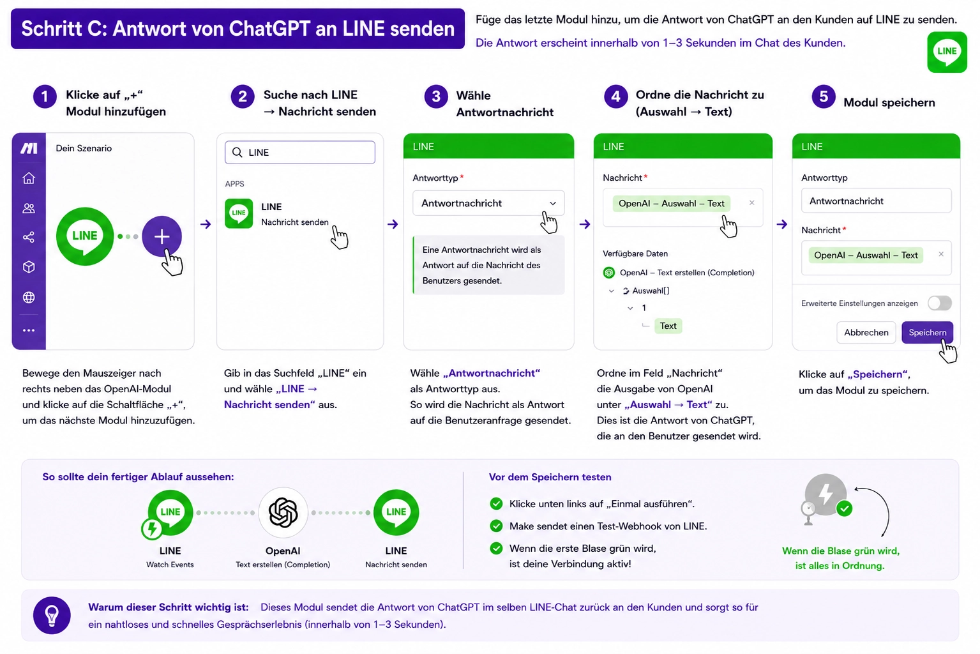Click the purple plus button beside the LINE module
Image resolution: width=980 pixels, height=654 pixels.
[162, 236]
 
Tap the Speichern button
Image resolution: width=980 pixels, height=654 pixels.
[927, 332]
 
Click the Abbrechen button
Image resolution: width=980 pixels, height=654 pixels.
[866, 332]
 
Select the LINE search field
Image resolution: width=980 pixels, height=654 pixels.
[299, 153]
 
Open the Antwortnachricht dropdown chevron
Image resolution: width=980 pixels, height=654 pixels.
[553, 203]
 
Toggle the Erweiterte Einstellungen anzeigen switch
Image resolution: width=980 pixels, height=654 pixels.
[939, 303]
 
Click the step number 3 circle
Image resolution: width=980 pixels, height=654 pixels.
[436, 96]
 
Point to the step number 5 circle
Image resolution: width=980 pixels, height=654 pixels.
[824, 96]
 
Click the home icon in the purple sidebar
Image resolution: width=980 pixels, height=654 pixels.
[29, 178]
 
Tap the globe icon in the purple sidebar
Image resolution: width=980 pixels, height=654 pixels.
[29, 298]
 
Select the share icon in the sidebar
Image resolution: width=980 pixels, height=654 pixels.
[29, 237]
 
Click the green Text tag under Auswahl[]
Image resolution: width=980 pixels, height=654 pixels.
[668, 326]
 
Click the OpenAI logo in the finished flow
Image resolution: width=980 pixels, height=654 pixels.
[283, 512]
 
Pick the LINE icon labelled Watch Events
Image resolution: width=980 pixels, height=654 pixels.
[170, 512]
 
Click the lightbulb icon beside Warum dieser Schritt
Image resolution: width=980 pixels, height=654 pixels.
[52, 616]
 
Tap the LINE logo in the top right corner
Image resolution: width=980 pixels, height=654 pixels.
[947, 52]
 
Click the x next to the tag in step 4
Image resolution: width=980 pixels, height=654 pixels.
[751, 202]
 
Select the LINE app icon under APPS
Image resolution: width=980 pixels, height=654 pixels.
[238, 213]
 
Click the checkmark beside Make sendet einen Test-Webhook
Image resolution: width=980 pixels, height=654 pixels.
[496, 526]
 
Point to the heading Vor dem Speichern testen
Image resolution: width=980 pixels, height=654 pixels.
[550, 476]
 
